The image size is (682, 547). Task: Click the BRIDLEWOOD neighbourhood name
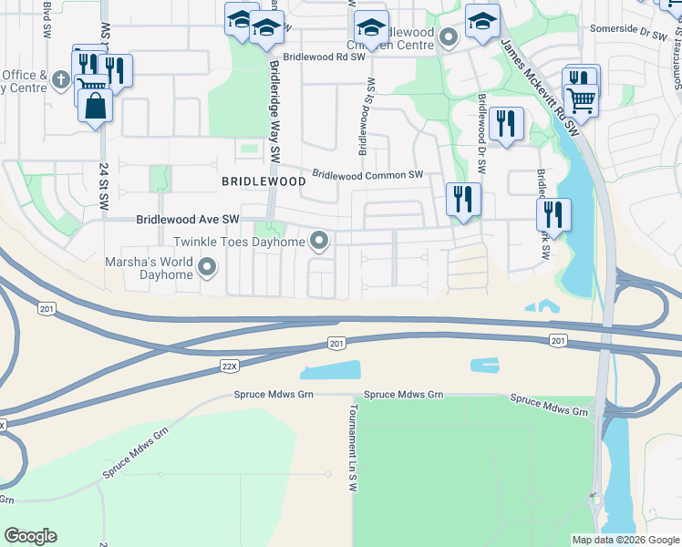[263, 181]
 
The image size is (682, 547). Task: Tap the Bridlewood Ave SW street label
[187, 220]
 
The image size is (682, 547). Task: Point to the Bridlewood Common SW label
[368, 174]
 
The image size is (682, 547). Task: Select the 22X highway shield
[231, 366]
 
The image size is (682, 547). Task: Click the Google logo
[30, 536]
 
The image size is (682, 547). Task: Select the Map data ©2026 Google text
[625, 540]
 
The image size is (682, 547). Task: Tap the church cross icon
[61, 80]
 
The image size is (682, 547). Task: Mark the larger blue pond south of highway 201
[330, 370]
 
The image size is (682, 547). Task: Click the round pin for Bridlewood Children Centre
[448, 37]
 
